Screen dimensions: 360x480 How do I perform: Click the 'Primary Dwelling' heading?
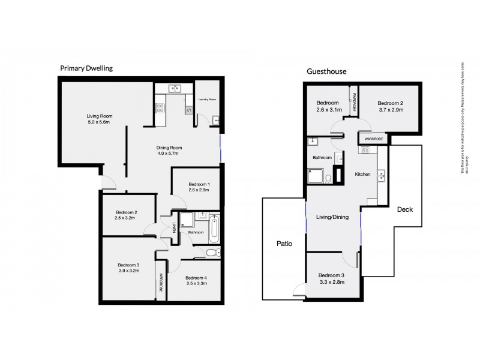(x=86, y=68)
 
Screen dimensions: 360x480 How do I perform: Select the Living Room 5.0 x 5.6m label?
(x=100, y=119)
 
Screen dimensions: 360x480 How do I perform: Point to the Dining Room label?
(x=169, y=151)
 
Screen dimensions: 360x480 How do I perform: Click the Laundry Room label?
(x=207, y=99)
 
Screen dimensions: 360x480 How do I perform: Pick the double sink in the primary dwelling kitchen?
(x=176, y=89)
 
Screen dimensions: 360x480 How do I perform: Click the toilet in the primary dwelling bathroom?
(x=211, y=253)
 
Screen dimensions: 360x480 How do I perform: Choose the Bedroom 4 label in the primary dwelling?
(x=197, y=280)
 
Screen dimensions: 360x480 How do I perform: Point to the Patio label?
(x=284, y=244)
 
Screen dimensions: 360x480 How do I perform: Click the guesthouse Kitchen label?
(x=363, y=174)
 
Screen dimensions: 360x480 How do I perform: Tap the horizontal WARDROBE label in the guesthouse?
(x=373, y=139)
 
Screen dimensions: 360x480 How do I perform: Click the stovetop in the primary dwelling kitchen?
(x=160, y=108)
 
